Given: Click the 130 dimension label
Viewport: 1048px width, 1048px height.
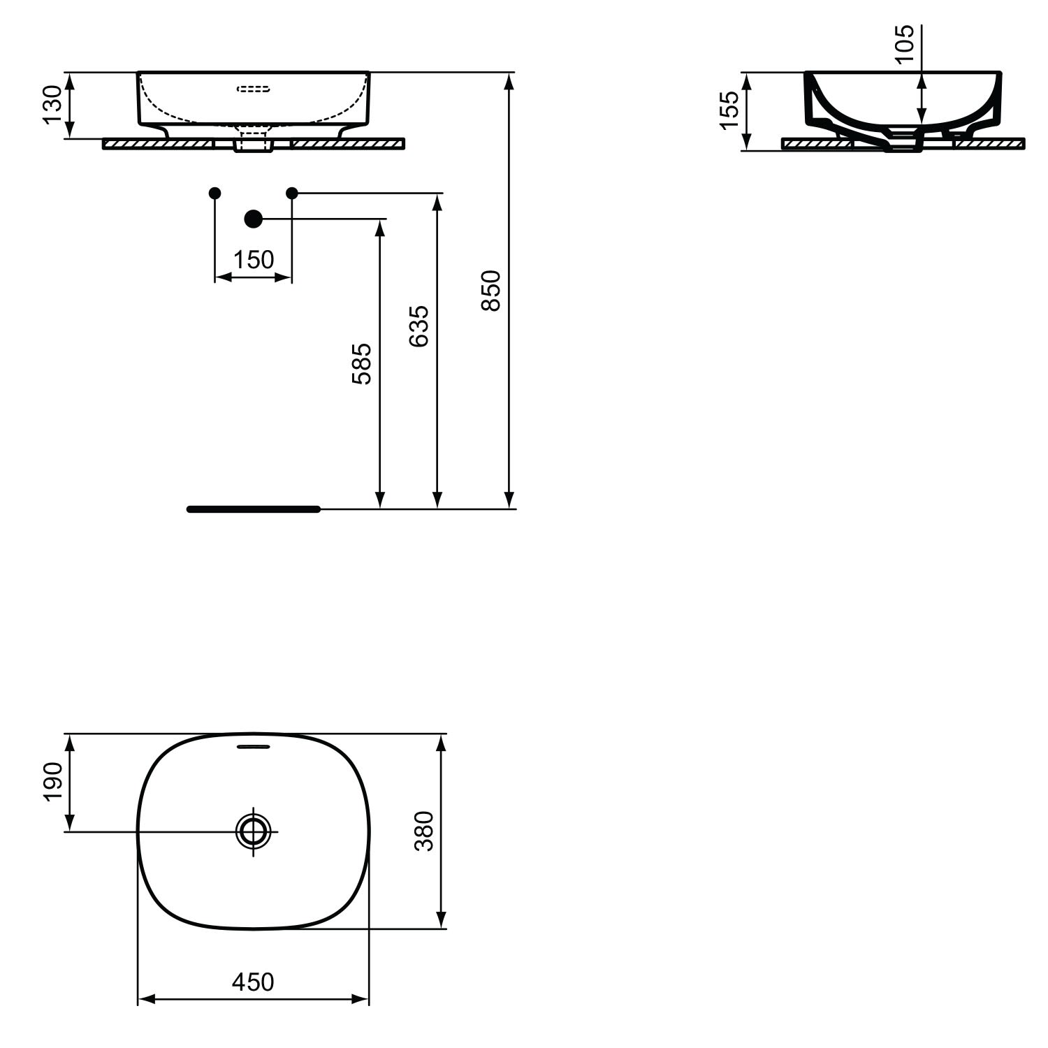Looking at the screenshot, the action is (x=54, y=105).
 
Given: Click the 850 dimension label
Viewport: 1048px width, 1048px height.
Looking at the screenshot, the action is (x=492, y=291).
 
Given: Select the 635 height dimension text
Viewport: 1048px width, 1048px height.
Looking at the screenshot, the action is (x=419, y=326).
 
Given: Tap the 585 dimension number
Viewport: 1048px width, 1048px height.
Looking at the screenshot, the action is (x=361, y=363).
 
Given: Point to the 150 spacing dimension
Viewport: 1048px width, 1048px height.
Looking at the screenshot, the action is (x=253, y=260).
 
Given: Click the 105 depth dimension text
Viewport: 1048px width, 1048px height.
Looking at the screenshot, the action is (x=904, y=43).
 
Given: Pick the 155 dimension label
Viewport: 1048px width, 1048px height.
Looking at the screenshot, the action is (x=729, y=110).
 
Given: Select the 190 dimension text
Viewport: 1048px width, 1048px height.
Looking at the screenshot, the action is (x=54, y=781).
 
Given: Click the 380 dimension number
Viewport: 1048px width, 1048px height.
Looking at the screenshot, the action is (x=424, y=831).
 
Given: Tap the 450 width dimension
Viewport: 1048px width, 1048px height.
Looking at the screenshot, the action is (x=253, y=982).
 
